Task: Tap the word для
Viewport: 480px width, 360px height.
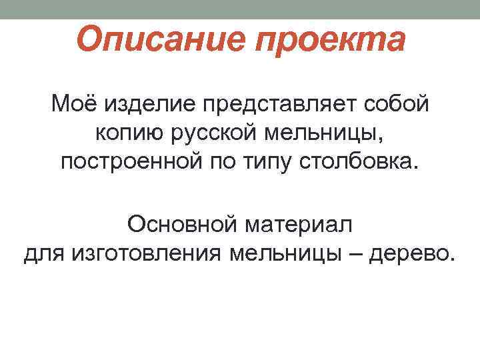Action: click(45, 253)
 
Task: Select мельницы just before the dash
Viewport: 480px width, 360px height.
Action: click(287, 253)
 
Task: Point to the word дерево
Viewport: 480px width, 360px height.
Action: click(413, 253)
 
